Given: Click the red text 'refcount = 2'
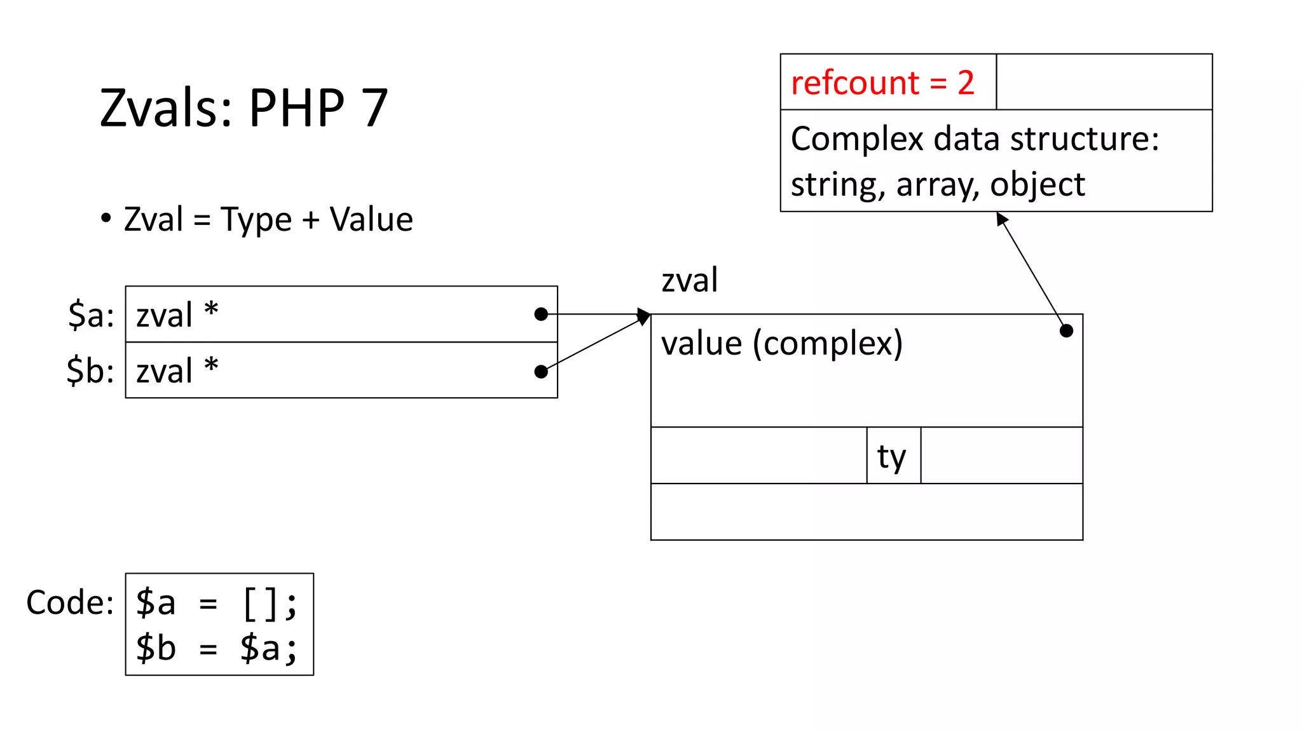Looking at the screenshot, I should click(882, 83).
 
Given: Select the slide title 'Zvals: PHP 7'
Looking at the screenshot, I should click(243, 107).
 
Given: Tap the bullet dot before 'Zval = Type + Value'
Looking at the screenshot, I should click(106, 218).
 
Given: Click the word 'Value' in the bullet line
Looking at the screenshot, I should click(371, 220).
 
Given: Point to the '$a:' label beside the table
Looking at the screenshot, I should click(92, 315).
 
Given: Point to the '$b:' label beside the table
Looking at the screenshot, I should click(90, 370).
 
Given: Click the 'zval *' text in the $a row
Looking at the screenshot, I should click(177, 315).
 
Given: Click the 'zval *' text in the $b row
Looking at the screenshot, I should click(177, 370).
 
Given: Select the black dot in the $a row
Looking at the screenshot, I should click(541, 314).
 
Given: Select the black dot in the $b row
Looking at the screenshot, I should click(541, 372).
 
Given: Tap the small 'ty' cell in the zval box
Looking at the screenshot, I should click(893, 456).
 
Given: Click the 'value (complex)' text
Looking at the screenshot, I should click(782, 344).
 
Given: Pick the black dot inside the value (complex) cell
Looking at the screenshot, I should click(1067, 330).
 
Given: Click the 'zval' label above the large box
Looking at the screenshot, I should click(690, 280).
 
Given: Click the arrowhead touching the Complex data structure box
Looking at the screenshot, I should click(1001, 218).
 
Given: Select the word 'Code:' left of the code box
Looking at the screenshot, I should click(70, 602).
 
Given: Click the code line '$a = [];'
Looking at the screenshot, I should click(217, 602).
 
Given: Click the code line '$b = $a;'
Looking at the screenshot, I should click(217, 649).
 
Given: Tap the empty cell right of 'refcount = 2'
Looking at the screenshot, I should click(1104, 82).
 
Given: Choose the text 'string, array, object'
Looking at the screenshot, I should click(938, 185).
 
